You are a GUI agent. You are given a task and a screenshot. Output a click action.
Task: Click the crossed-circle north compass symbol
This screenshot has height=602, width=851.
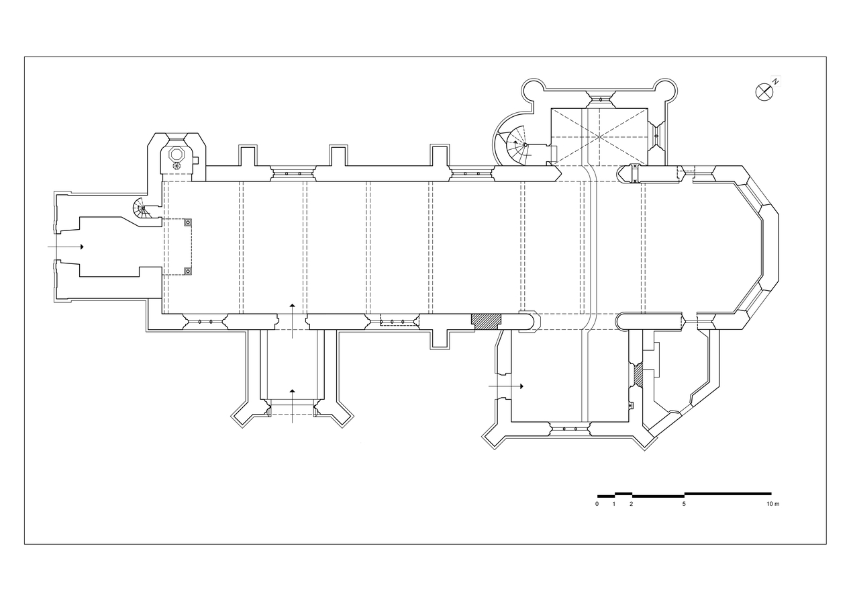coord(764,92)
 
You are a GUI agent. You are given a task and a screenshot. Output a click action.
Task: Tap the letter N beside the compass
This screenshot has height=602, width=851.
coord(776,81)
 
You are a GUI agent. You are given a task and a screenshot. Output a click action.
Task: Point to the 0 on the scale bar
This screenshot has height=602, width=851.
coord(597,504)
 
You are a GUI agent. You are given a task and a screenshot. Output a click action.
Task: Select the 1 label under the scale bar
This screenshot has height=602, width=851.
coord(614,504)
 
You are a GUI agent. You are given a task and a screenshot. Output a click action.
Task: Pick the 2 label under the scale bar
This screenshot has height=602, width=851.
coord(631,504)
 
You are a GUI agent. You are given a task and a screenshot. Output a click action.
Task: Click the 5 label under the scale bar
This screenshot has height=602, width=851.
coord(684,504)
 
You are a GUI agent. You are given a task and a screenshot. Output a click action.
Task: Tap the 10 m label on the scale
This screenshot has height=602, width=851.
coord(772,504)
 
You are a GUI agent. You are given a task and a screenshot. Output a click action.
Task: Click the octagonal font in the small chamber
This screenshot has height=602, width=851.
coord(177,155)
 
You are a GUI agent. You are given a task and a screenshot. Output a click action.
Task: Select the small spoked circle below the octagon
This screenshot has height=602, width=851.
coord(177,166)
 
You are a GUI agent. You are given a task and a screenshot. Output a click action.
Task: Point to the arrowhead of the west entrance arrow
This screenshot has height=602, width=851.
coord(82,247)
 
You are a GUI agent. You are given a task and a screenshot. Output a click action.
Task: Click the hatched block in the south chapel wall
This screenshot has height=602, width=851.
coord(638,375)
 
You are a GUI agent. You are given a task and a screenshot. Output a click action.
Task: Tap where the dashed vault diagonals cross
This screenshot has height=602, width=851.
coord(599,137)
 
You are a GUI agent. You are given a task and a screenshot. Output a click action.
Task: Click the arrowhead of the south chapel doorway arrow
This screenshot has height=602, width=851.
coord(521,386)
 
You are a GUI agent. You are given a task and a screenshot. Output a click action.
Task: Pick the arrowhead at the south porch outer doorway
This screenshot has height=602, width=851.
coord(292,390)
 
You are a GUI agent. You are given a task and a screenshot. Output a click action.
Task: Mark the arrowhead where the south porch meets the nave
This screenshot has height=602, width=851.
coord(292,305)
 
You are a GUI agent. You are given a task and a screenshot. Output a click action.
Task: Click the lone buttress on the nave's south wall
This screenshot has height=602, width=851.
coord(440,339)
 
